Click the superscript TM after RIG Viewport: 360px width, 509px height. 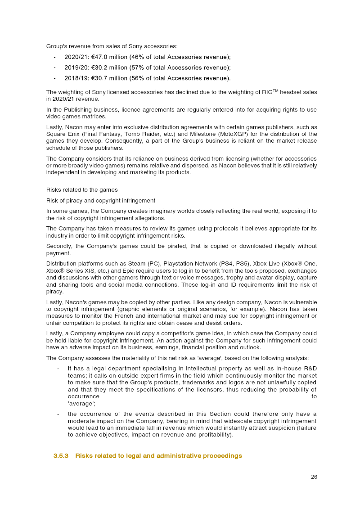click(x=276, y=91)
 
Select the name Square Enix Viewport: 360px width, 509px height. click(x=62, y=134)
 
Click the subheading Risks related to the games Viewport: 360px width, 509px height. click(x=82, y=189)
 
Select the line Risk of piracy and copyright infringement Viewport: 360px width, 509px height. click(x=101, y=200)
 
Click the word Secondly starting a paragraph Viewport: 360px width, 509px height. click(x=59, y=246)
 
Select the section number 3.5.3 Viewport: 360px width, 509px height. click(x=61, y=456)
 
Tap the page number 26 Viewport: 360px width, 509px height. click(x=314, y=477)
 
